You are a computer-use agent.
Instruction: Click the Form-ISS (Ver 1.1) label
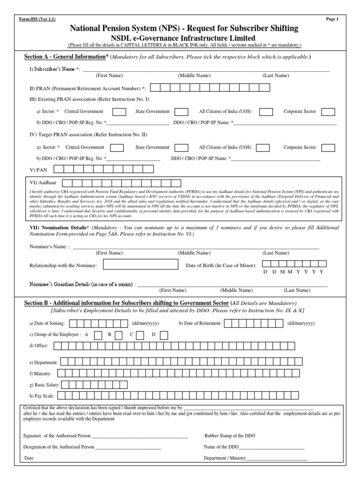coord(36,19)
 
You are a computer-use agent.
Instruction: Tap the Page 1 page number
coord(332,19)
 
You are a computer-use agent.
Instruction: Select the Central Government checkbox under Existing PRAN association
coord(120,112)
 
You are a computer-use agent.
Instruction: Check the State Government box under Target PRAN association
coord(181,148)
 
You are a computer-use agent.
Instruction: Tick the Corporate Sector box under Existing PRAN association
coord(328,112)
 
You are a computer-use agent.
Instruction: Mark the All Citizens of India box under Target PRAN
coord(262,148)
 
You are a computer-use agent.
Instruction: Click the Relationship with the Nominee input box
coord(141,265)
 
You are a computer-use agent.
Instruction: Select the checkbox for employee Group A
coord(98,335)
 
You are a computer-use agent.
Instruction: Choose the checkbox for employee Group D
coord(163,335)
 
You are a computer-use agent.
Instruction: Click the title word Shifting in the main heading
coord(281,29)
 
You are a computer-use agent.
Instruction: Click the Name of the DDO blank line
coord(272,447)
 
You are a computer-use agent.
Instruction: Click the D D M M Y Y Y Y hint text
coord(293,272)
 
